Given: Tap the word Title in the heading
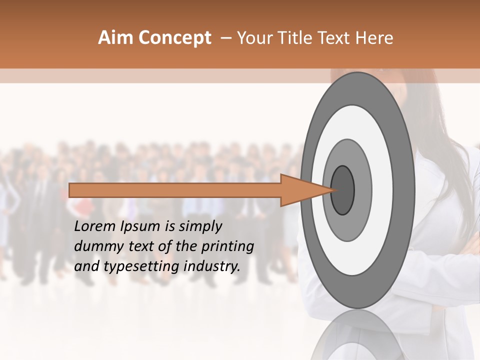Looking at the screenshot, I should point(296,38).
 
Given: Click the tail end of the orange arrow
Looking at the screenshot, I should point(70,190).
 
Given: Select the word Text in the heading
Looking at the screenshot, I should point(335,38).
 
